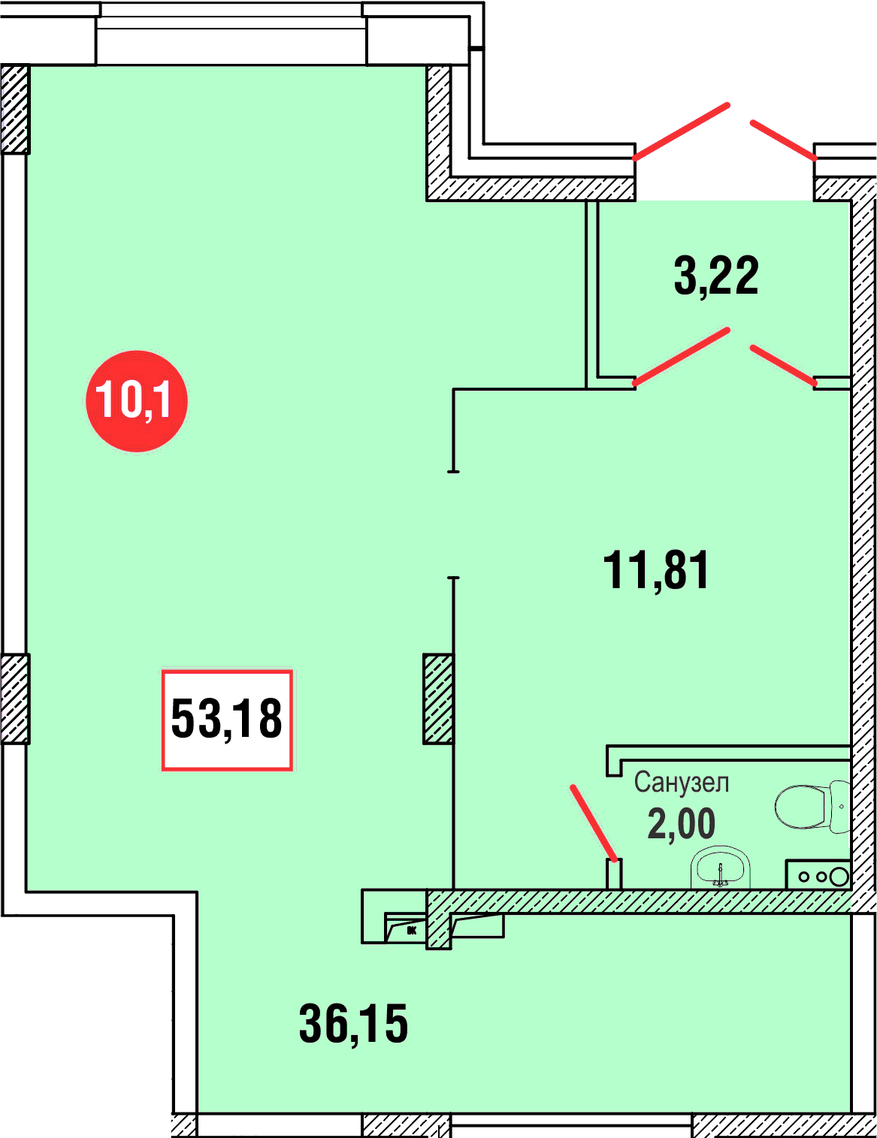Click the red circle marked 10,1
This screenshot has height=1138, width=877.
[137, 400]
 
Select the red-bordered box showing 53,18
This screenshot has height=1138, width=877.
[227, 720]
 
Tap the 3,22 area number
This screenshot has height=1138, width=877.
[716, 276]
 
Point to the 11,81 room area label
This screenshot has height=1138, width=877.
[656, 570]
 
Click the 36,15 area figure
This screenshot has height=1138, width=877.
[354, 1024]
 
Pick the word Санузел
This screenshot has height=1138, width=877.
[681, 783]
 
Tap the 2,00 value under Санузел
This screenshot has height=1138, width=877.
[681, 824]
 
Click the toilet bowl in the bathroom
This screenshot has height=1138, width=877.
[800, 807]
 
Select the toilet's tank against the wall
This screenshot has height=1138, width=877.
[839, 807]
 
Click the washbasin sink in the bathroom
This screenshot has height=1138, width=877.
[721, 868]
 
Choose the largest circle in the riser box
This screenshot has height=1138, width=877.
[839, 876]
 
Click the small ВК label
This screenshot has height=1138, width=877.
[411, 931]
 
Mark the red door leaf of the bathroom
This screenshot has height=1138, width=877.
[594, 823]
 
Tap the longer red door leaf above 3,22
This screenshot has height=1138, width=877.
[681, 131]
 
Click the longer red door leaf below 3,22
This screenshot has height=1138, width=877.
[681, 357]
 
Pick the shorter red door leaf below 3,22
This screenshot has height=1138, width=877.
[783, 366]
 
